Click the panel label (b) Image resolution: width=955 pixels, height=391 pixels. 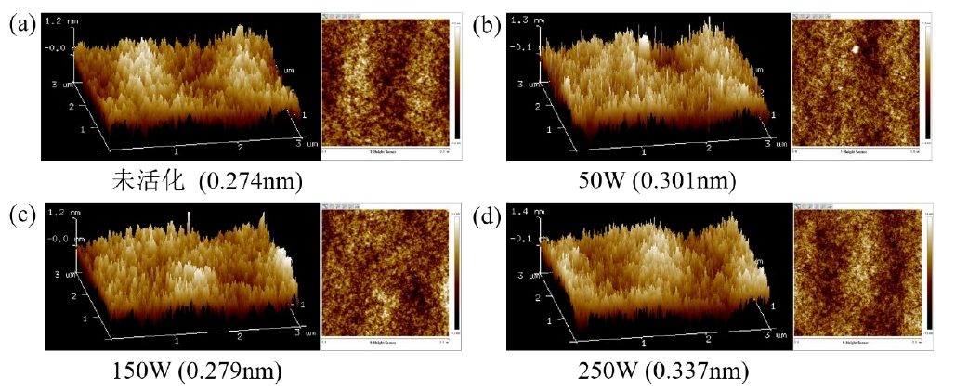click(x=487, y=25)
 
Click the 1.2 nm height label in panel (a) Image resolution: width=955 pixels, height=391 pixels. click(x=57, y=20)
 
